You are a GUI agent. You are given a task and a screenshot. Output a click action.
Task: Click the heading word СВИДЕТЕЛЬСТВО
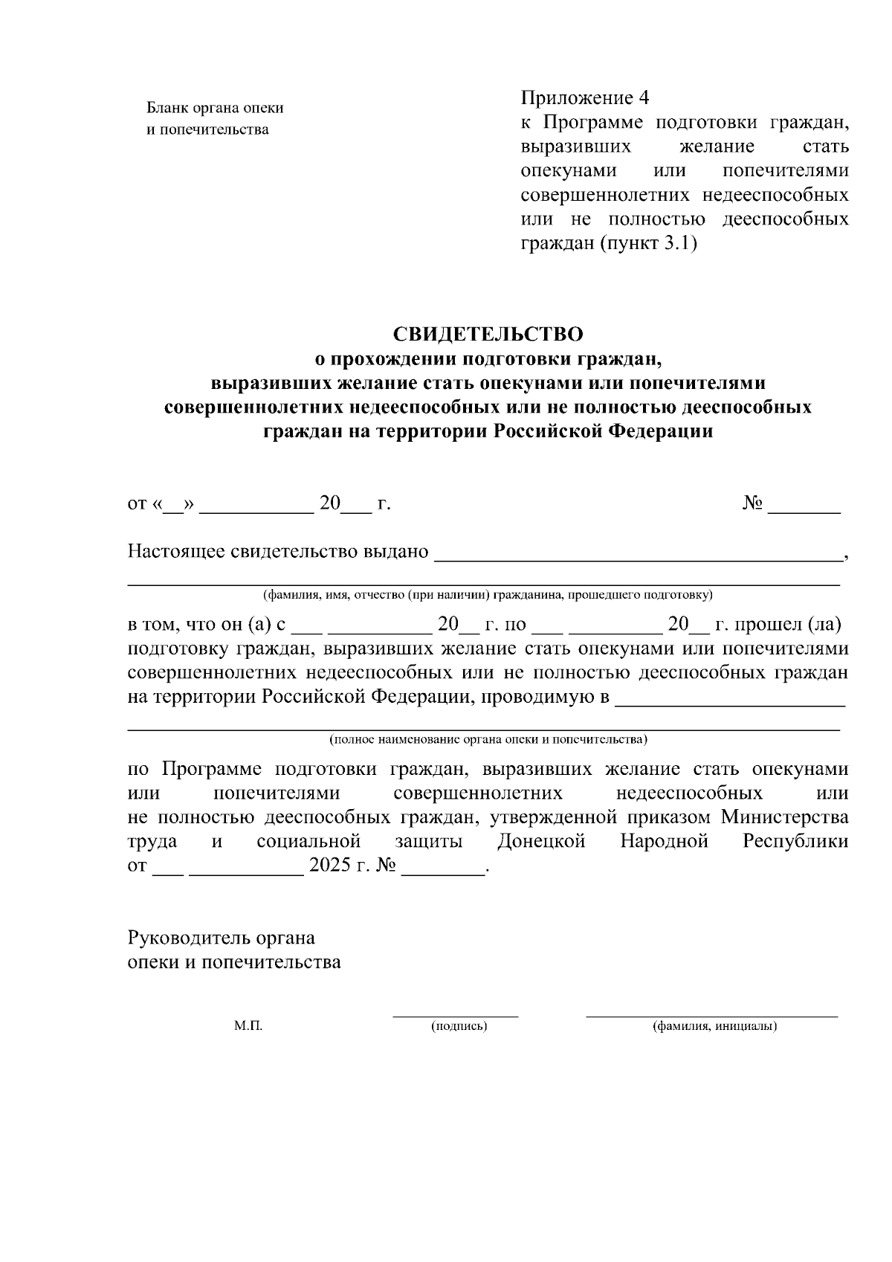tap(488, 334)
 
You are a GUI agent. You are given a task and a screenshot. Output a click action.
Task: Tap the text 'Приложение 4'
tap(585, 98)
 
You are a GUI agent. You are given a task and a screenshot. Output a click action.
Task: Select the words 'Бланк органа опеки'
tap(215, 109)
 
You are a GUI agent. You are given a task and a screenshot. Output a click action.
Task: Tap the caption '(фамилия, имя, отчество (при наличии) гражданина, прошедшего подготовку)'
tap(487, 595)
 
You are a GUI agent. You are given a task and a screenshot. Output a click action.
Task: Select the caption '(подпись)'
tap(459, 1026)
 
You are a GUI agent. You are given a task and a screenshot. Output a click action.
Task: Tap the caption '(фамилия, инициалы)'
tap(714, 1026)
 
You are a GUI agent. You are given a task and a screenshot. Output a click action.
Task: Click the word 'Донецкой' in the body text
tap(540, 841)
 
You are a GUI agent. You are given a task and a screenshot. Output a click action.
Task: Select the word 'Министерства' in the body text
tap(785, 817)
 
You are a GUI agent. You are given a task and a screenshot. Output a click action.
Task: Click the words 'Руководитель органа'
tap(222, 938)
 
